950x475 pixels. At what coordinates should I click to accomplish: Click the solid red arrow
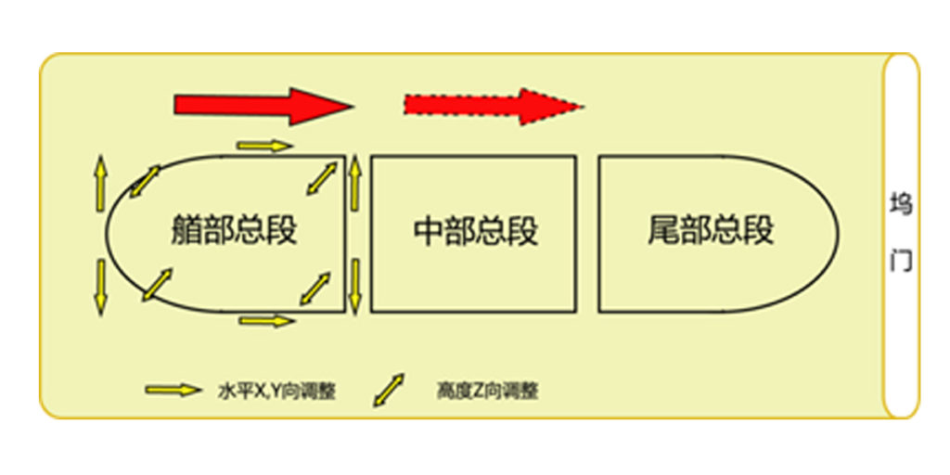(x=263, y=106)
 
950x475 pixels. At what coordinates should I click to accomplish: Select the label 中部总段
(x=476, y=231)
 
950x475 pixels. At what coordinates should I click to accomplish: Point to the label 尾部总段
(x=712, y=231)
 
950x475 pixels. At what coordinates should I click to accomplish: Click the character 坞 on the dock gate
(x=902, y=204)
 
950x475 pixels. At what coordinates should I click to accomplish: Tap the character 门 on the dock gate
(x=902, y=261)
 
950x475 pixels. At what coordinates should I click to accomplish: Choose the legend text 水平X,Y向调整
(x=276, y=392)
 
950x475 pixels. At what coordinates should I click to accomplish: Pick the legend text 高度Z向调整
(x=486, y=392)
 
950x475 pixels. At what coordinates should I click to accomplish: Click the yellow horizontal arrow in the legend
(x=173, y=391)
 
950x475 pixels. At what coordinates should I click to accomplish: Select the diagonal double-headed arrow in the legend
(x=389, y=390)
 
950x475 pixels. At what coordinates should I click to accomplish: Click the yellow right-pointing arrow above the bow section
(x=264, y=146)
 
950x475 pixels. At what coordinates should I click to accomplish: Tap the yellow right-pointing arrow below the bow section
(x=267, y=320)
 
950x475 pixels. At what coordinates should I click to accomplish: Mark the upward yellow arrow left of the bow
(x=100, y=185)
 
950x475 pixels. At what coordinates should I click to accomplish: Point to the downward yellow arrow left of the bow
(x=100, y=288)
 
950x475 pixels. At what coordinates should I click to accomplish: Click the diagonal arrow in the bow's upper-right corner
(x=321, y=177)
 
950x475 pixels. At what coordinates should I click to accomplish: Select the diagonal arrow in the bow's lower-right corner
(x=315, y=289)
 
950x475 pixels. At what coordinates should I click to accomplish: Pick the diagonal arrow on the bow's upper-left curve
(x=145, y=181)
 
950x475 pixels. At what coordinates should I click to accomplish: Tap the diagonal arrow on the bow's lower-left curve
(x=157, y=285)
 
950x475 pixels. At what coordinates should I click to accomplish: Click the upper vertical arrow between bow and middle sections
(x=355, y=183)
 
